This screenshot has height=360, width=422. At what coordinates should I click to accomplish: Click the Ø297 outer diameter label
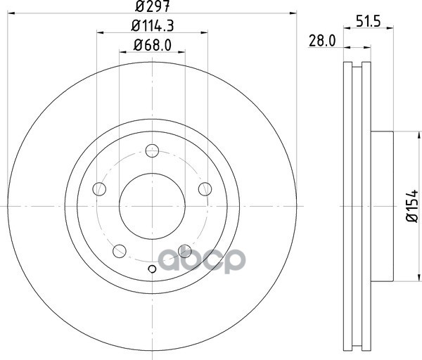pyautogui.click(x=153, y=6)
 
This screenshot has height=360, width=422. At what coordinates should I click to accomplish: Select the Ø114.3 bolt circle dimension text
pyautogui.click(x=153, y=27)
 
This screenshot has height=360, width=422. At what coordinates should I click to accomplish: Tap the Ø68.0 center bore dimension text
pyautogui.click(x=153, y=45)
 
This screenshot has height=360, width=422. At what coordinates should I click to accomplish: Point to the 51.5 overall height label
pyautogui.click(x=369, y=22)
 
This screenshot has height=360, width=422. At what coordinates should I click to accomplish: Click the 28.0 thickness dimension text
pyautogui.click(x=322, y=41)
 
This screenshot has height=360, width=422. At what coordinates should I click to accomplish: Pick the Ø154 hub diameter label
pyautogui.click(x=411, y=206)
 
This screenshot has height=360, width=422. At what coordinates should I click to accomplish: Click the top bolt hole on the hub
pyautogui.click(x=152, y=150)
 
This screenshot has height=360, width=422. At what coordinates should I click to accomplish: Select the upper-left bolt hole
pyautogui.click(x=99, y=189)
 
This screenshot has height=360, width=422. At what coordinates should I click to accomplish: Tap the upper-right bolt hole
pyautogui.click(x=205, y=189)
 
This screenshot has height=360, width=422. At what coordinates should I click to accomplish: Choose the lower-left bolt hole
pyautogui.click(x=120, y=251)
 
